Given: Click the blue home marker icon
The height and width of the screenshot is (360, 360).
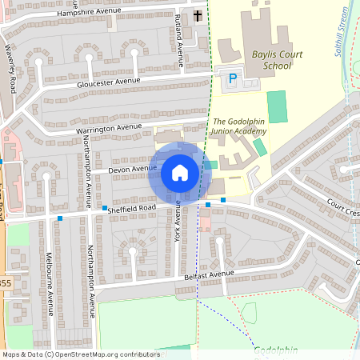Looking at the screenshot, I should tap(179, 173).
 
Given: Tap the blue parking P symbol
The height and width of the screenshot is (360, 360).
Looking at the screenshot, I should tap(233, 78).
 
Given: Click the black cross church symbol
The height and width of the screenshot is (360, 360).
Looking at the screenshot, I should tap(198, 15).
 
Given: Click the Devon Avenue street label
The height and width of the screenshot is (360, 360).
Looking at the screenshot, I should tap(133, 169).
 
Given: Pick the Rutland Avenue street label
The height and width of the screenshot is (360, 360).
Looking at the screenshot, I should tap(180, 42).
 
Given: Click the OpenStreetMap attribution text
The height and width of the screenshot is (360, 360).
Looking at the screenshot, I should tap(81, 354).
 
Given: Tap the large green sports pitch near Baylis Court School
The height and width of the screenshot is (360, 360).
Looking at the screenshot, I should tap(277, 106).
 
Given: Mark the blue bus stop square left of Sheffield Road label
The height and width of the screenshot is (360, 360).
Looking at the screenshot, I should tap(104, 208).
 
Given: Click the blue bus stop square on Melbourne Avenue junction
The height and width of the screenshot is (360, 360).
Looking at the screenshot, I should tap(60, 218).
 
